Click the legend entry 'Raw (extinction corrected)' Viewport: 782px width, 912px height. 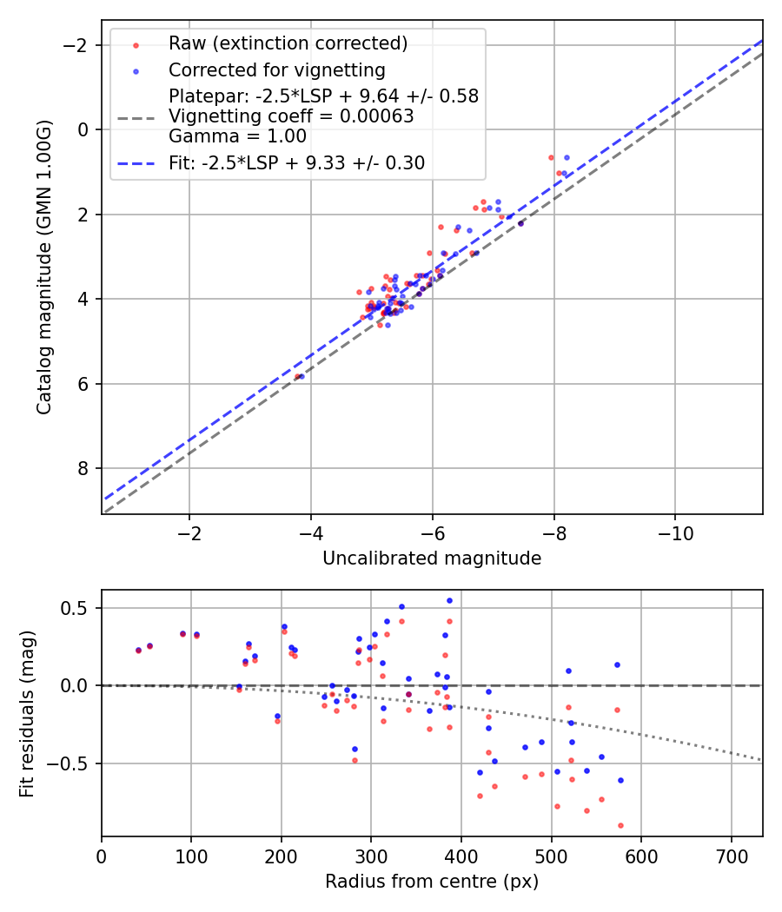(288, 43)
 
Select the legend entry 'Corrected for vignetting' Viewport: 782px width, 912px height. (276, 69)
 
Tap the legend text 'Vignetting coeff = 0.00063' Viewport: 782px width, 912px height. (291, 116)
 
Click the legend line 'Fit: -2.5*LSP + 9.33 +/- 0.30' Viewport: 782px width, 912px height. (296, 163)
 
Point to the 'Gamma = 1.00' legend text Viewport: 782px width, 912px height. (237, 136)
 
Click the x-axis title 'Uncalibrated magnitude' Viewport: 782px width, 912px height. (432, 558)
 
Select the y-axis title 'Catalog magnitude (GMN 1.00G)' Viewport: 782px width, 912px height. (45, 267)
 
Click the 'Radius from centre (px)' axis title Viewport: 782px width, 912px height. (432, 882)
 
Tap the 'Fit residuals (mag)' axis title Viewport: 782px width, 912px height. (27, 714)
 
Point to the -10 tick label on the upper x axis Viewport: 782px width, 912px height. (675, 533)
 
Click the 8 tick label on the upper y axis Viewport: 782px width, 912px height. (83, 469)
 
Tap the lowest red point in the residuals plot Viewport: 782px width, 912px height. (620, 825)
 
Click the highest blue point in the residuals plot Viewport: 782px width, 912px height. (449, 600)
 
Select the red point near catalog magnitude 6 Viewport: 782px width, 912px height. (296, 377)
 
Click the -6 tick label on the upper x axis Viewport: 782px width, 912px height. (432, 533)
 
